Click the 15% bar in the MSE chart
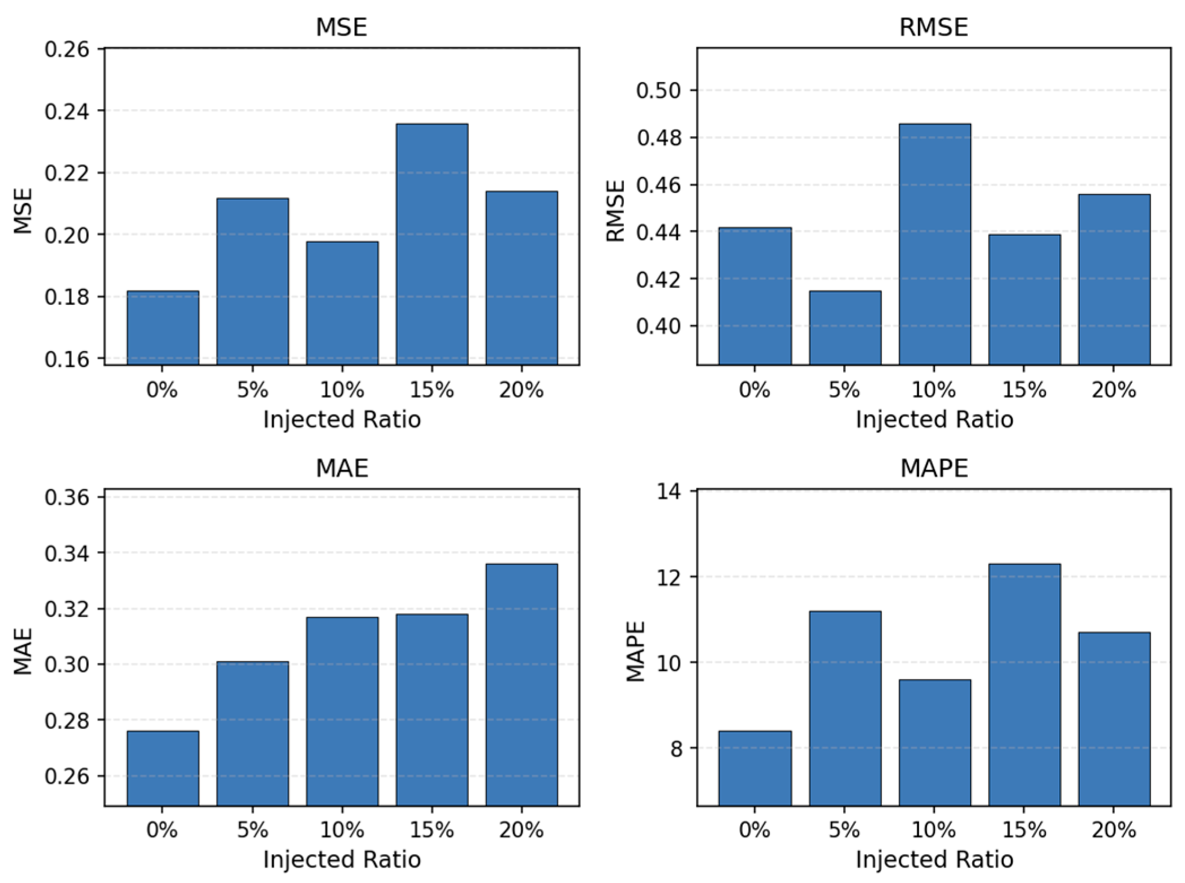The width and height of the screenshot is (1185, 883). pos(432,244)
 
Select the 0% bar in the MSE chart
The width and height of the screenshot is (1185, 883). pos(163,328)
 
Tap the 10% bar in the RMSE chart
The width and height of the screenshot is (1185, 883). pos(934,244)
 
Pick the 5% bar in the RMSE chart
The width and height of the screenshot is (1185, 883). pos(845,328)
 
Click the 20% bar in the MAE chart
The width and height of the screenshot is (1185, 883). pos(522,685)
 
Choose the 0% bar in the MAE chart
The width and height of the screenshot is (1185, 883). pos(163,768)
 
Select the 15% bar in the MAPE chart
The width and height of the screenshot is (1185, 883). pos(1024,685)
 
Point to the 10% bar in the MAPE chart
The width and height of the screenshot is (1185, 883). pos(934,742)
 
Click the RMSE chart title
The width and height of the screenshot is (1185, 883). pos(933,27)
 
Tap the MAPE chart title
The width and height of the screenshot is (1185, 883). pos(933,468)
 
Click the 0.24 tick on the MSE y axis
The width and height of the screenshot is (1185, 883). pos(67,111)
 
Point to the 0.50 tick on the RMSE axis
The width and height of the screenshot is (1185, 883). pos(658,90)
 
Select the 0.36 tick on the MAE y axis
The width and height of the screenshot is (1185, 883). pos(67,497)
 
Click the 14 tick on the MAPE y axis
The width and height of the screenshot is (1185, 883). pos(669,492)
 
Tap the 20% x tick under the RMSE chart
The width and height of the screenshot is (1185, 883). pos(1113,390)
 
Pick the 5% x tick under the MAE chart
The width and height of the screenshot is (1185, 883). pos(252,830)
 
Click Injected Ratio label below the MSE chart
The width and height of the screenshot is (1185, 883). pos(342,419)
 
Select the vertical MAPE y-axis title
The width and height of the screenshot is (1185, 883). pos(635,651)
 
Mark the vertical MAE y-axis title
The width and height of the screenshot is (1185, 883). pos(23,651)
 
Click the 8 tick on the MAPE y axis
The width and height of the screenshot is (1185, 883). pos(676,748)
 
